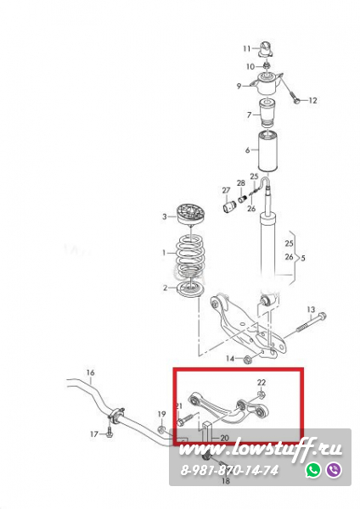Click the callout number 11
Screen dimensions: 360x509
pos(246,48)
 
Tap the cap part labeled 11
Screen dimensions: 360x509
pos(266,49)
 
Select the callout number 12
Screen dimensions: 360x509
pos(312,100)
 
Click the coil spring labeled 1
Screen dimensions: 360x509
pos(190,254)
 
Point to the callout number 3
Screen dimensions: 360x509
pos(165,216)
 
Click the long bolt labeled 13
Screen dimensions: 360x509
pos(311,322)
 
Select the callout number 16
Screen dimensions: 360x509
pos(90,372)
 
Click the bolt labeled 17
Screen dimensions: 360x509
pos(110,433)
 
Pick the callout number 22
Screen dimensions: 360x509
pos(262,383)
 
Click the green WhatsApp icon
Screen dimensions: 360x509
pos(313,470)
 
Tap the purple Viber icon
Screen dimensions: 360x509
pos(334,470)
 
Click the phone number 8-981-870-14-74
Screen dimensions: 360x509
pos(229,470)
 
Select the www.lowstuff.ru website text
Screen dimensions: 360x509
pos(261,450)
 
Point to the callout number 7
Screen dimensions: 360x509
pos(250,115)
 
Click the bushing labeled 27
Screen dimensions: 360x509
pos(229,206)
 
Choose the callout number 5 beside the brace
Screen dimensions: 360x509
pos(303,259)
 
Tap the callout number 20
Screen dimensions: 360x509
pos(224,439)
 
